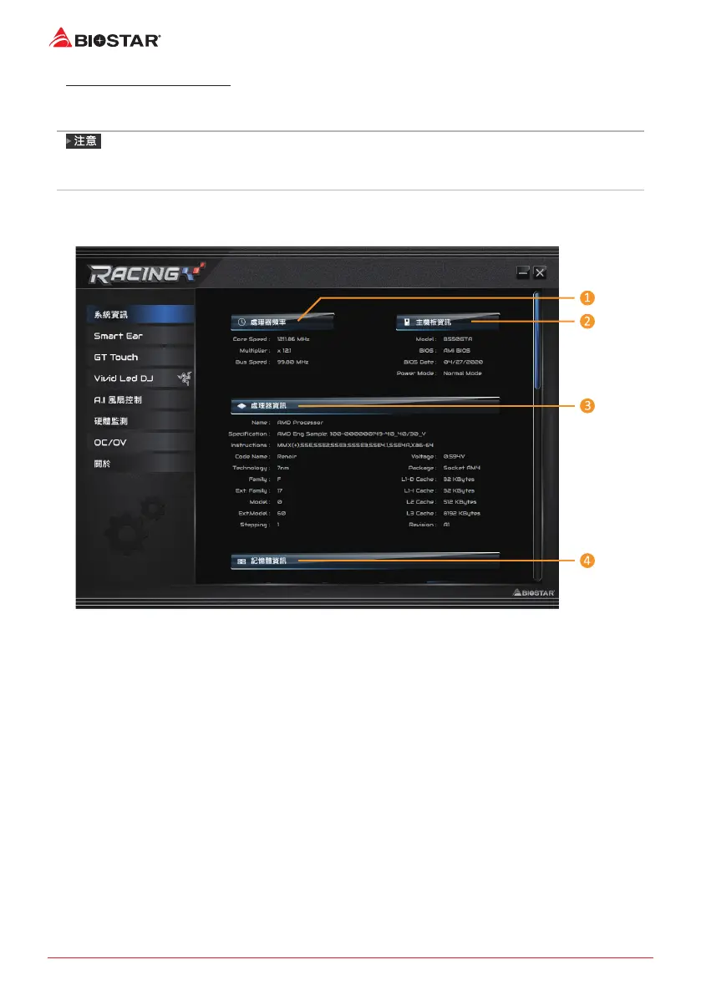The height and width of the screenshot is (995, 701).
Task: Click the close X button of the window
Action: (x=541, y=272)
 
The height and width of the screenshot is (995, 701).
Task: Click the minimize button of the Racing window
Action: (x=522, y=272)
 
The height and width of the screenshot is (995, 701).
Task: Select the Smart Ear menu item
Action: (x=118, y=336)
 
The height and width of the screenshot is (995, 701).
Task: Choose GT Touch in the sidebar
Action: (x=116, y=357)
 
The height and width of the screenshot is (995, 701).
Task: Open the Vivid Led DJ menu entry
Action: (x=123, y=378)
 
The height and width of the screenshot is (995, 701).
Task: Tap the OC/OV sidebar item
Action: (x=110, y=442)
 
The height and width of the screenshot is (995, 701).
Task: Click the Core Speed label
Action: (x=251, y=340)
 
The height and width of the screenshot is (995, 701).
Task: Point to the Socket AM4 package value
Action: (x=462, y=468)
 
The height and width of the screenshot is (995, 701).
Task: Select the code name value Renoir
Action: (x=287, y=457)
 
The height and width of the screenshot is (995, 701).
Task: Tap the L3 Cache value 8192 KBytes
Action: (x=461, y=513)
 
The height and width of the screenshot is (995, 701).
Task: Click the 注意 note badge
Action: (x=84, y=142)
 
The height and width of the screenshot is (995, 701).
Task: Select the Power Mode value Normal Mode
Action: (x=462, y=373)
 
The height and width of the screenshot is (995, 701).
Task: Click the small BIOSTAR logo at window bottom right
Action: (x=534, y=593)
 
